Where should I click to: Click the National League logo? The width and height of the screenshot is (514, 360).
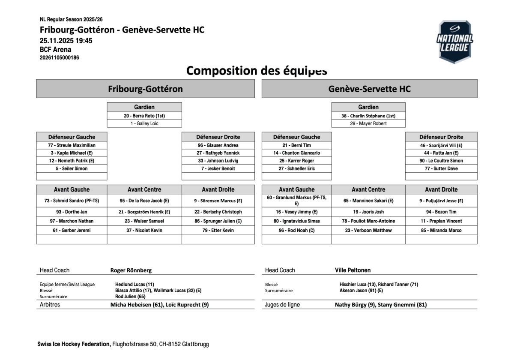[454, 42]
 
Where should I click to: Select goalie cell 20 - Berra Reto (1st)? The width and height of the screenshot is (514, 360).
[144, 116]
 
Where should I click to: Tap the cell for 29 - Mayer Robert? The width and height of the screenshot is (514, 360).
[368, 123]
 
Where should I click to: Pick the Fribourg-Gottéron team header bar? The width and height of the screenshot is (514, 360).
[145, 89]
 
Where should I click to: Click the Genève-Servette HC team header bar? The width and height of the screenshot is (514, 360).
[369, 89]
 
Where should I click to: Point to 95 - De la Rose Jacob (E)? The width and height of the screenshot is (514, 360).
[144, 201]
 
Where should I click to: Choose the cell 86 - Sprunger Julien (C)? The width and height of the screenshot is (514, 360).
[218, 221]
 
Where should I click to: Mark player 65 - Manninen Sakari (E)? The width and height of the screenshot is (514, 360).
[368, 201]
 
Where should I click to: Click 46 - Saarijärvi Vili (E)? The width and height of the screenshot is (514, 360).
[441, 145]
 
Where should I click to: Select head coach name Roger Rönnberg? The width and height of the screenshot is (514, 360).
[131, 270]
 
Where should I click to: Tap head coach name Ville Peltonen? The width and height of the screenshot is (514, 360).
[353, 270]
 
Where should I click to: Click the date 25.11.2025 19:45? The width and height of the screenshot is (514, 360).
[66, 41]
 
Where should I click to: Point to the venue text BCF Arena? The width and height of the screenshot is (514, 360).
[56, 49]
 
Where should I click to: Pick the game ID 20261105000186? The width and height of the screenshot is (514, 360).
[60, 57]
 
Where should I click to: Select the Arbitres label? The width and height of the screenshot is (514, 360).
[50, 305]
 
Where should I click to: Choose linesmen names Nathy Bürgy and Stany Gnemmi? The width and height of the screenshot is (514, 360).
[381, 305]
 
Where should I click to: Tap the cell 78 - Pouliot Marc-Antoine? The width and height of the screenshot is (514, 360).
[368, 221]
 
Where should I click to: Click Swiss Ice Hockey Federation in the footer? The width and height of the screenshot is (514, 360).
[74, 344]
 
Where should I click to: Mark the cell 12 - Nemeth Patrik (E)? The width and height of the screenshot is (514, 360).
[72, 161]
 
